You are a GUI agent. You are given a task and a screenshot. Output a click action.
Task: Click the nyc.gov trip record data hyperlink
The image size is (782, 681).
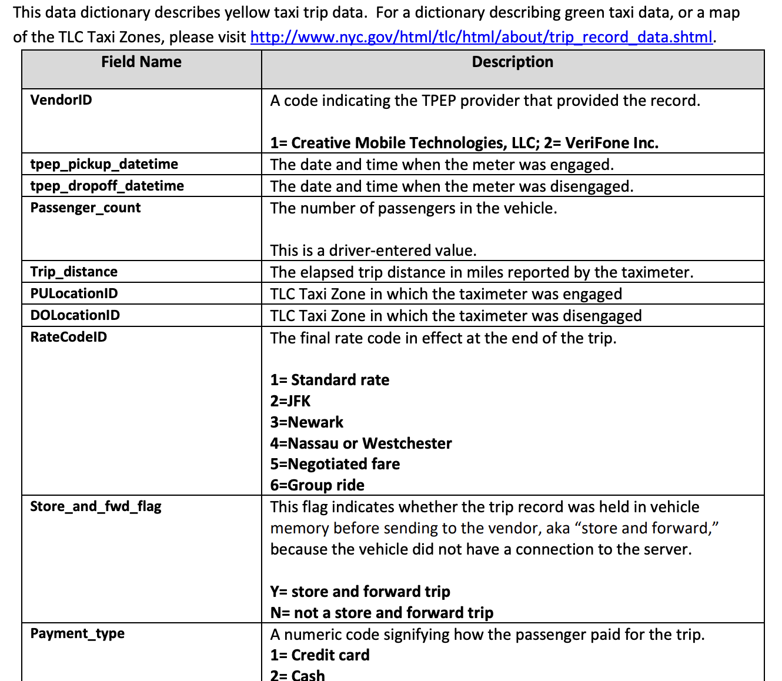tap(481, 37)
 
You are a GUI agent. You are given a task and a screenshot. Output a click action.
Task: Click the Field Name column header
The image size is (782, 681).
tap(141, 62)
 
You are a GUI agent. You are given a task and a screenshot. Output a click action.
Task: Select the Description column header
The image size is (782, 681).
tap(512, 62)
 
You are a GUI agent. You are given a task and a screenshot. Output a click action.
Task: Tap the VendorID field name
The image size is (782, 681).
tap(61, 100)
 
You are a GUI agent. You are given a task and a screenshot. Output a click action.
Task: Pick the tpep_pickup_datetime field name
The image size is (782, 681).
tap(104, 164)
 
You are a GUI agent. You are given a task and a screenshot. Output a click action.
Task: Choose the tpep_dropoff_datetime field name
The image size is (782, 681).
tap(107, 186)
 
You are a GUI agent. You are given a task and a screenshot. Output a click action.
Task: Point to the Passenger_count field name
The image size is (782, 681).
tap(85, 208)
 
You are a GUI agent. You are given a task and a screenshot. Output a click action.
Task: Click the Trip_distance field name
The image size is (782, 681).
tap(74, 272)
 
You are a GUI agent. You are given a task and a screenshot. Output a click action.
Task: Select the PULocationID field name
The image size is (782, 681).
tap(74, 293)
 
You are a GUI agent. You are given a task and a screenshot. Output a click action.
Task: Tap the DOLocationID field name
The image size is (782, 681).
tap(75, 315)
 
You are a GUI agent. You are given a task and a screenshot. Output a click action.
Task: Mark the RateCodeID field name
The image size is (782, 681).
tap(69, 337)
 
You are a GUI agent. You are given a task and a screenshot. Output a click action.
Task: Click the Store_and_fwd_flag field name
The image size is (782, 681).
tap(96, 506)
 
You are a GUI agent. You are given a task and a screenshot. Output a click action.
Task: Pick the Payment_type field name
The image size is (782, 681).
tap(78, 633)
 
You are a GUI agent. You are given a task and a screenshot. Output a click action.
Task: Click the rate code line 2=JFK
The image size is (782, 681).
tap(290, 401)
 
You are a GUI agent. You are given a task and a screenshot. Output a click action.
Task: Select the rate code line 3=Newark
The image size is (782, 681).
tap(307, 422)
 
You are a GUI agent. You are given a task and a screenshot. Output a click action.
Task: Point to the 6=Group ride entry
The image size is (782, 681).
tap(318, 485)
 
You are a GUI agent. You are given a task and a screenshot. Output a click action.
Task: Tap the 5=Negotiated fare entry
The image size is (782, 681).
tap(335, 464)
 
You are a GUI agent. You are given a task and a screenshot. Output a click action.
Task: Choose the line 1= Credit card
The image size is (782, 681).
tap(320, 655)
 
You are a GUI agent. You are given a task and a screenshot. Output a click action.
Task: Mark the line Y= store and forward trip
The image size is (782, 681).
tap(360, 591)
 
